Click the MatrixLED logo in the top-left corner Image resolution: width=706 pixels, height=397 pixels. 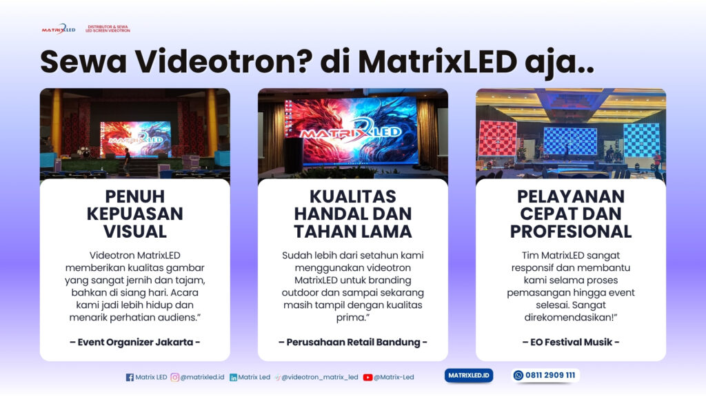coord(58,29)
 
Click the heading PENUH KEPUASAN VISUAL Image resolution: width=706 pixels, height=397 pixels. coord(135,214)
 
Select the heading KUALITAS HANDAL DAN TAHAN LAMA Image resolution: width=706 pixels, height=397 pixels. coord(352,214)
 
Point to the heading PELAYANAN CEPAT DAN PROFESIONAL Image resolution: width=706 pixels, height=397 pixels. coord(571,214)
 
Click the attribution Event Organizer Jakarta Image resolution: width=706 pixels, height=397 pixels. coord(135,342)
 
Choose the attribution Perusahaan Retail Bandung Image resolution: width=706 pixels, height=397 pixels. coord(352,342)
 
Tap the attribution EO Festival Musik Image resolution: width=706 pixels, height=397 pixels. coord(571,342)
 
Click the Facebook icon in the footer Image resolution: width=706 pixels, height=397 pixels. coord(130,377)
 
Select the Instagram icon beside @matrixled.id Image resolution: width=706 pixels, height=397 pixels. coord(175,377)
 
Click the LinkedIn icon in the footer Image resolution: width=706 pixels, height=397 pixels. coord(234,377)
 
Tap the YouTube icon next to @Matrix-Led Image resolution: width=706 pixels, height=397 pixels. coord(368,377)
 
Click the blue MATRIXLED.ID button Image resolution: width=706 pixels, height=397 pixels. coord(469,376)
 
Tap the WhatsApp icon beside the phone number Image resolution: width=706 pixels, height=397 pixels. coord(518,376)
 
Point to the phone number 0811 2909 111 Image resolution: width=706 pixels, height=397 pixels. coord(551,376)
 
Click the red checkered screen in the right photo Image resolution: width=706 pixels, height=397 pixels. coord(497,139)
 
